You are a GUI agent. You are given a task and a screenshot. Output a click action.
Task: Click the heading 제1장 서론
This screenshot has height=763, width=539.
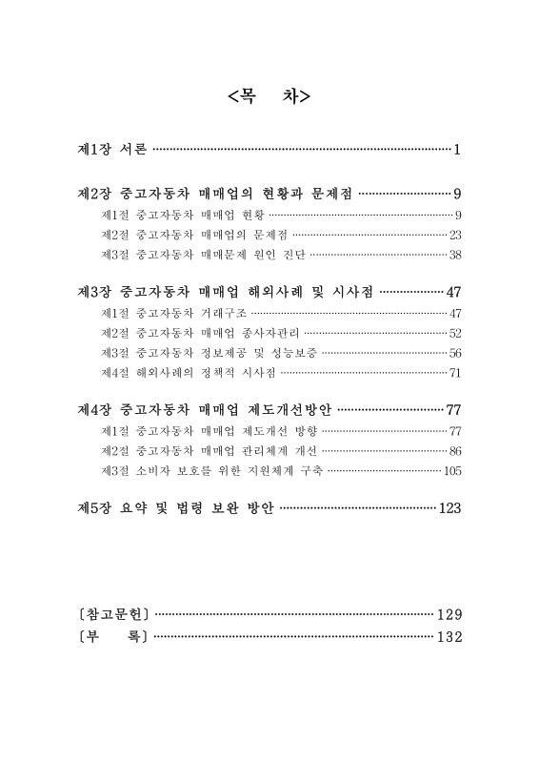(x=111, y=149)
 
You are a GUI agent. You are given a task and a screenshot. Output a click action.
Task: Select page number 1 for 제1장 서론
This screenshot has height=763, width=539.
(x=457, y=149)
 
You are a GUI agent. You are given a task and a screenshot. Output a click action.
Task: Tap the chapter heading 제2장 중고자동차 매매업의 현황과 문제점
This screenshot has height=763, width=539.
(x=214, y=194)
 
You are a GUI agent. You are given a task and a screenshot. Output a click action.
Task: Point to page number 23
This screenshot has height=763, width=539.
(x=455, y=234)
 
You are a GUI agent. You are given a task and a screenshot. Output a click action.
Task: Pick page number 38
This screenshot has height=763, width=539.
(x=455, y=254)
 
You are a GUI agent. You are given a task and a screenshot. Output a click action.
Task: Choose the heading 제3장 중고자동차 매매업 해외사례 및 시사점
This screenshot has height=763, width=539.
(x=225, y=292)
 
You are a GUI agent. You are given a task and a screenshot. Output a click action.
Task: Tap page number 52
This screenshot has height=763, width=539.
(x=455, y=333)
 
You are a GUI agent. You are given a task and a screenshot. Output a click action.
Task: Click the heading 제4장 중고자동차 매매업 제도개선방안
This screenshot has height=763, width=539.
(x=204, y=410)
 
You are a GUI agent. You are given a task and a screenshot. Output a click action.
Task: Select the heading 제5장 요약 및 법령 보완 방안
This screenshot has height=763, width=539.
(x=175, y=508)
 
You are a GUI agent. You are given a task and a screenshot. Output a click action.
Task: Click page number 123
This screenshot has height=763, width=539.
(x=449, y=508)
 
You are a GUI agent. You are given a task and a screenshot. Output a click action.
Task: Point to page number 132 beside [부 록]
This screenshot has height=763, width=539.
(x=449, y=637)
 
